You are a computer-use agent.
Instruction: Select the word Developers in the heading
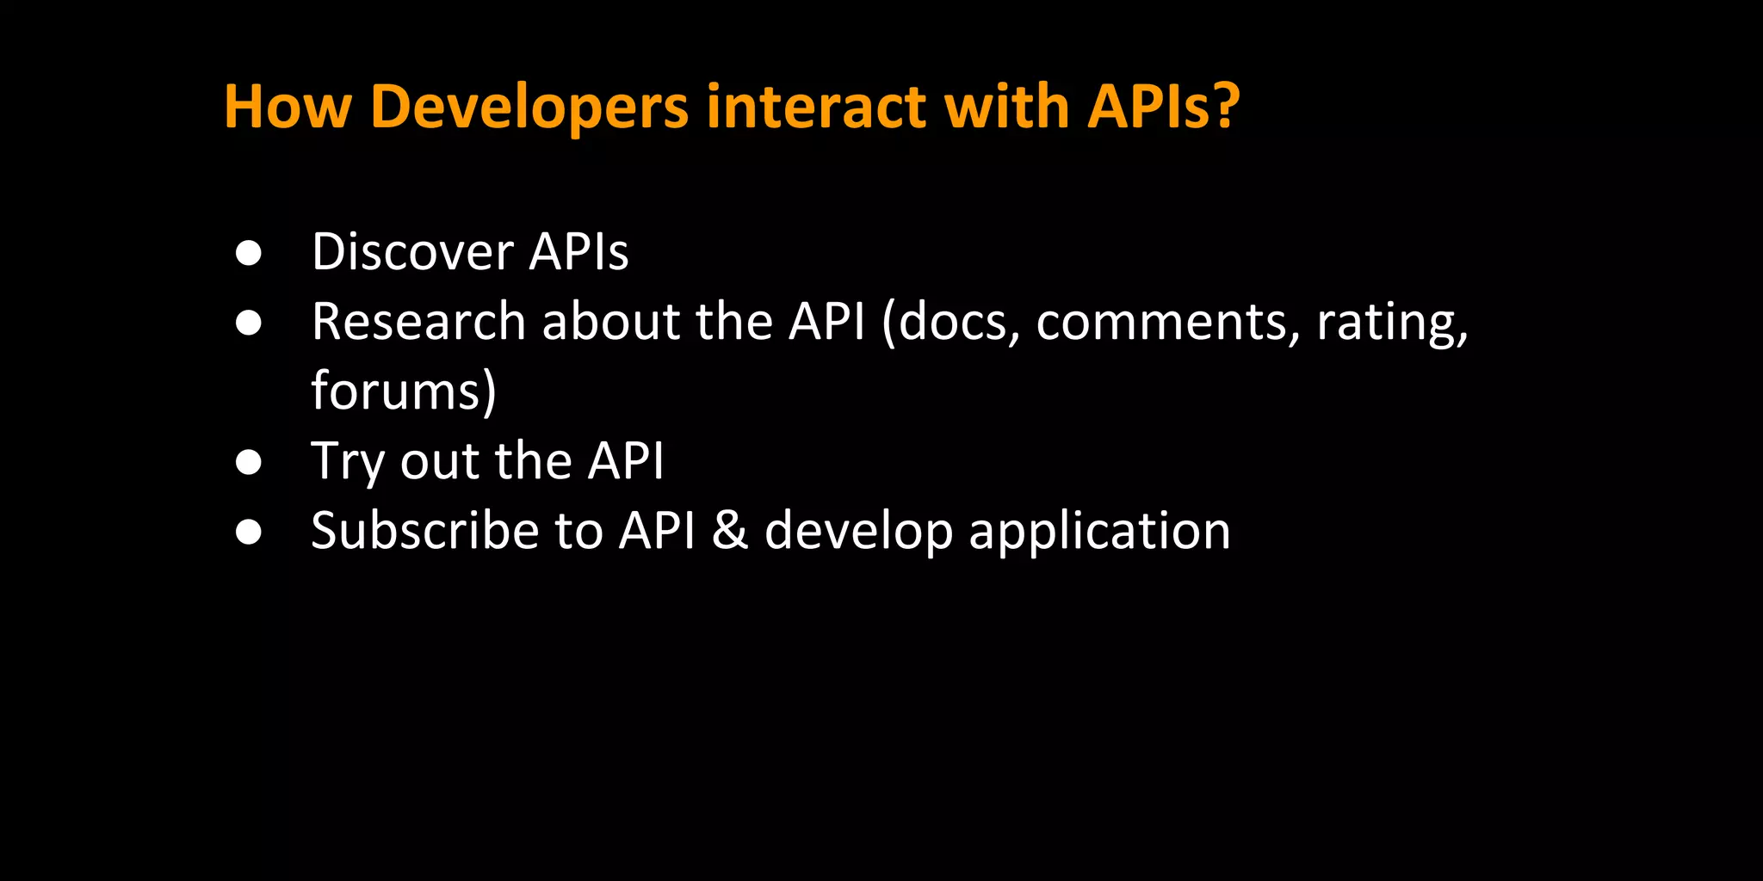(x=529, y=108)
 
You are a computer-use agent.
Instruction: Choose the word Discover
(x=412, y=252)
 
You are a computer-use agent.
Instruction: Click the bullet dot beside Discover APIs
(x=249, y=253)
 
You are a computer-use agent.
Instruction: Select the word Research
(x=418, y=322)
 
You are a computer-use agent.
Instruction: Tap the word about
(x=610, y=322)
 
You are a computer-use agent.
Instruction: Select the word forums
(x=397, y=391)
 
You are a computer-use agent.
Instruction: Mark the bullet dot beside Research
(x=249, y=323)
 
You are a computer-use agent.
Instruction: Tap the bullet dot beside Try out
(x=249, y=462)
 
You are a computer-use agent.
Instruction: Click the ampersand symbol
(x=730, y=531)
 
